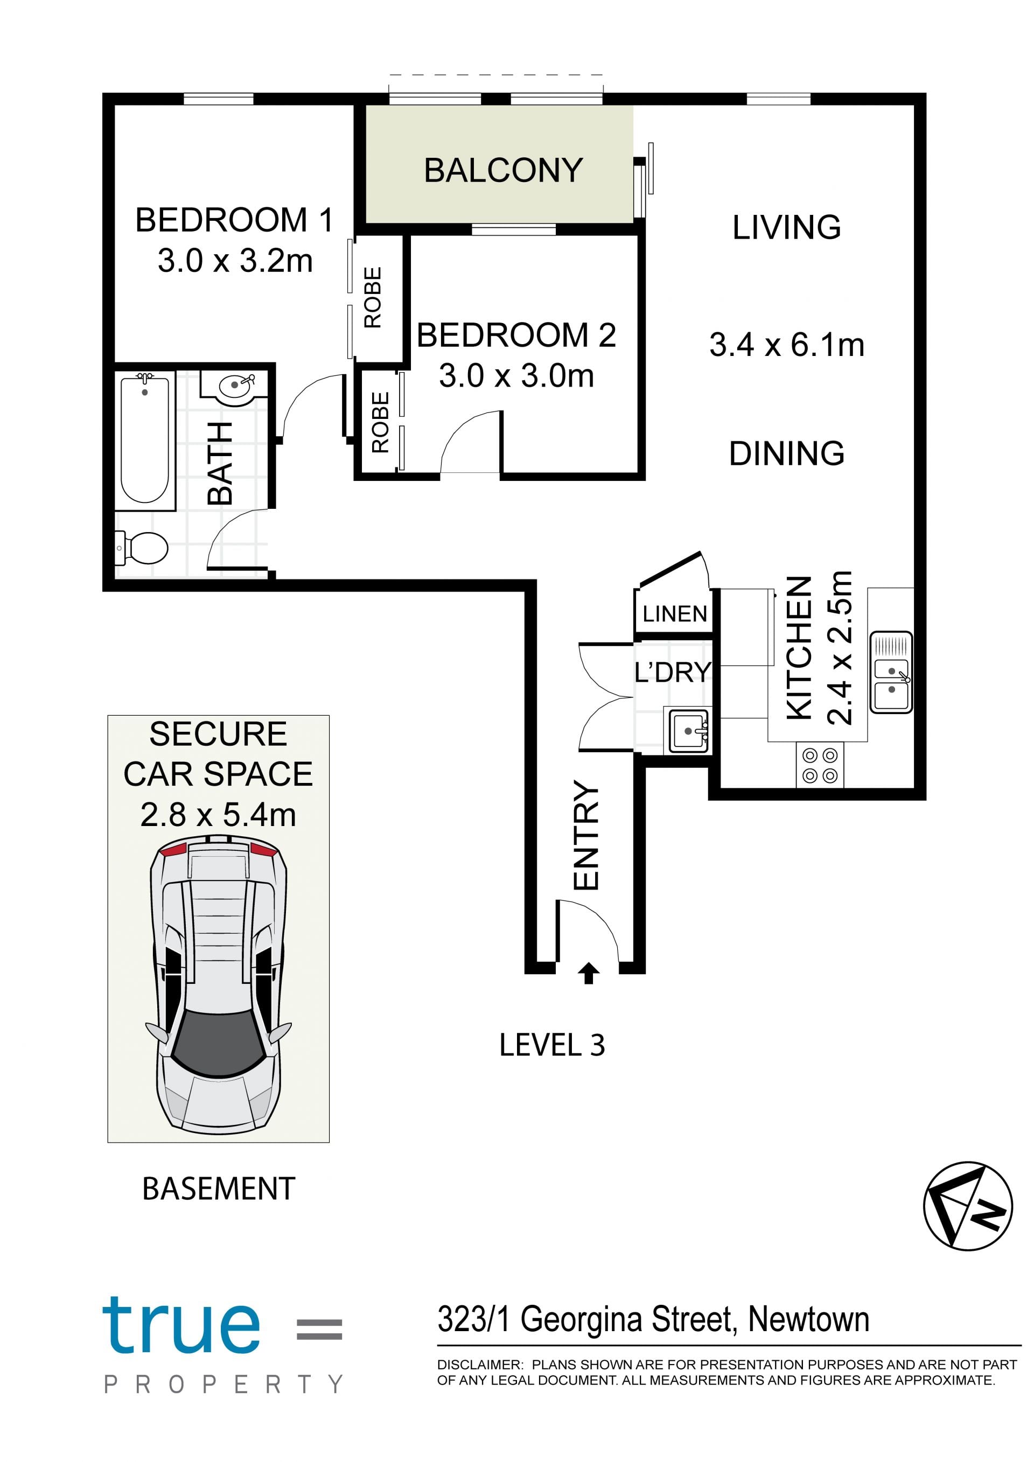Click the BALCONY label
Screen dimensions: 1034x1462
(x=503, y=170)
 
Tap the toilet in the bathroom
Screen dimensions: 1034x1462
(x=141, y=548)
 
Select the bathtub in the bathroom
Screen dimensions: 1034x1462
(x=145, y=440)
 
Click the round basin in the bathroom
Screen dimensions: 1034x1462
(x=234, y=386)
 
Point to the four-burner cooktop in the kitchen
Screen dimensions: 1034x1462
(x=820, y=765)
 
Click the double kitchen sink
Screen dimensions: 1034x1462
(x=891, y=673)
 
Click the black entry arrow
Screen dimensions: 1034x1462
(x=588, y=973)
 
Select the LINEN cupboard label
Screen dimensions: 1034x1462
(x=675, y=614)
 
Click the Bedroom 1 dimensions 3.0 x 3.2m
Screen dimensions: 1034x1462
(x=235, y=261)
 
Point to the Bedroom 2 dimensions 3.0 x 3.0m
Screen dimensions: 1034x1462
(x=516, y=376)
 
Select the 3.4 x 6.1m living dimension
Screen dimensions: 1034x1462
(x=787, y=345)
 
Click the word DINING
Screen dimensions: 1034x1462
(x=786, y=453)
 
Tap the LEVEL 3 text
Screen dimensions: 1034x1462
(x=552, y=1045)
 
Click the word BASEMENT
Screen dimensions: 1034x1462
(x=219, y=1188)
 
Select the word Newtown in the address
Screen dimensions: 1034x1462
(x=808, y=1319)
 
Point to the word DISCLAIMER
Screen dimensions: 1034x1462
(x=479, y=1365)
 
